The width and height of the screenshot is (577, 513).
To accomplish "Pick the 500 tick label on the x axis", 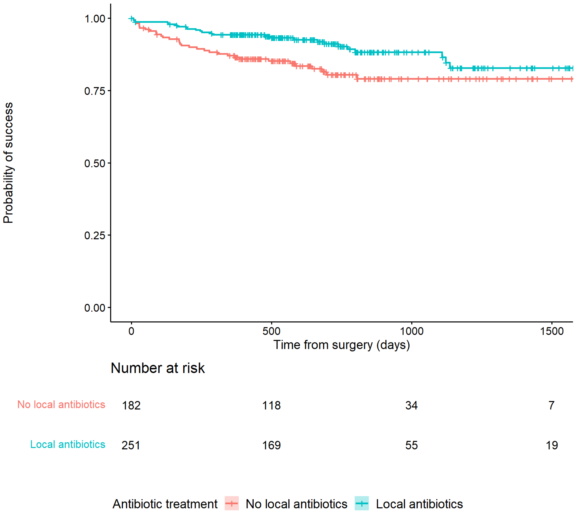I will pyautogui.click(x=271, y=331).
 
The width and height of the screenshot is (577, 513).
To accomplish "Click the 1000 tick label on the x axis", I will pyautogui.click(x=412, y=331).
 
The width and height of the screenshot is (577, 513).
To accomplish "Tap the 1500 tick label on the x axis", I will pyautogui.click(x=552, y=331).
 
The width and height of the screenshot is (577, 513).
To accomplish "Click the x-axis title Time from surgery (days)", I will pyautogui.click(x=342, y=345).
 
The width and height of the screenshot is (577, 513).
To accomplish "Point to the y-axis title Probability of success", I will pyautogui.click(x=8, y=163).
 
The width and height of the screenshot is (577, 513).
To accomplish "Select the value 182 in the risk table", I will pyautogui.click(x=131, y=406).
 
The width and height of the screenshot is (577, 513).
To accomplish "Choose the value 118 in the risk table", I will pyautogui.click(x=271, y=406).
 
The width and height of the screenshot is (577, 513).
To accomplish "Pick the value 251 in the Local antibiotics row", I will pyautogui.click(x=131, y=445).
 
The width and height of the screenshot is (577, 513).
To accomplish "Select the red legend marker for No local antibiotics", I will pyautogui.click(x=232, y=504).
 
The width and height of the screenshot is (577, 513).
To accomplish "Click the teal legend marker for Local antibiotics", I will pyautogui.click(x=362, y=504).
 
